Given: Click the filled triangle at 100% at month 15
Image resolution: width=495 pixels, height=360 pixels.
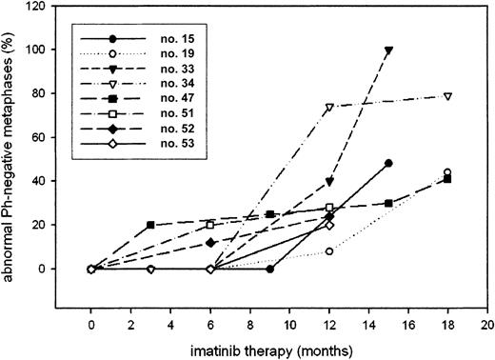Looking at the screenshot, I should point(388,50).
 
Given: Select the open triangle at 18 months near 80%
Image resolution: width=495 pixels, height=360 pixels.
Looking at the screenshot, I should point(448,96).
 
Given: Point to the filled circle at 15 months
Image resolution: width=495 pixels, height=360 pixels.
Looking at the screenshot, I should point(388,164).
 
